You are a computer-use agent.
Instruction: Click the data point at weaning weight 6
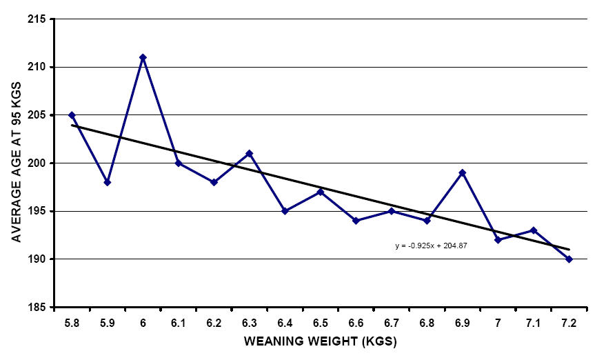[143, 57]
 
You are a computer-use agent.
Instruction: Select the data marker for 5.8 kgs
[72, 115]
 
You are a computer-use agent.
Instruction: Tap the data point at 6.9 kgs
[463, 172]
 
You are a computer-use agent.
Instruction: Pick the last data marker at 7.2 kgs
[569, 259]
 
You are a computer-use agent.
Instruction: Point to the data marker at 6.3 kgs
[249, 153]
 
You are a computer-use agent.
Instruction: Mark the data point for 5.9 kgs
[108, 182]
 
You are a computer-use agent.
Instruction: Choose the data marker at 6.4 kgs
[285, 211]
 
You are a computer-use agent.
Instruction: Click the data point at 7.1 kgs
[533, 230]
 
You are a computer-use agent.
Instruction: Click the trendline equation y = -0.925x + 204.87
[432, 245]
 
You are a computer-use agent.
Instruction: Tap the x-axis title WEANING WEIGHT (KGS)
[321, 341]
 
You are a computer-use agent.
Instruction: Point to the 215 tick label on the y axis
[39, 19]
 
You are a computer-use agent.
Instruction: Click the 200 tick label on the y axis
[39, 163]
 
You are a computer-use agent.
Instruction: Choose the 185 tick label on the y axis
[39, 308]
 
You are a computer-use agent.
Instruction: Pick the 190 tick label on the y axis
[39, 259]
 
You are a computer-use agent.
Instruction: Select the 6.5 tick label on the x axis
[321, 322]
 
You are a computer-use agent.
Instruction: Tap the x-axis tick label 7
[498, 322]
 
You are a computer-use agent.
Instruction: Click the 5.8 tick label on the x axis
[72, 322]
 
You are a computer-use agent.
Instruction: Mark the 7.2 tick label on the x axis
[569, 322]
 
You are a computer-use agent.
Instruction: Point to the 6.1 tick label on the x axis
[179, 322]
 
